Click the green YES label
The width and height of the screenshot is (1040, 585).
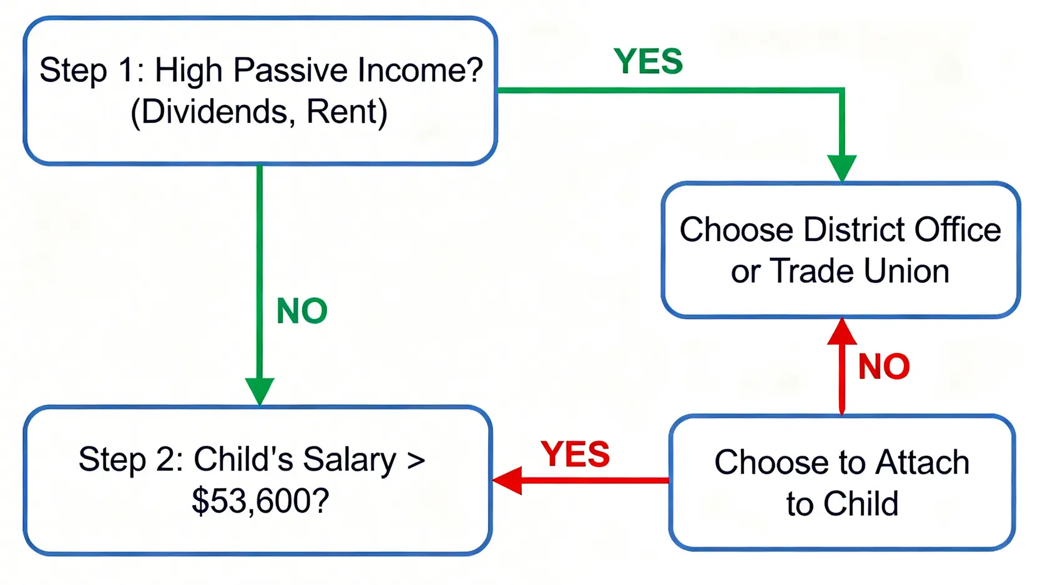648,61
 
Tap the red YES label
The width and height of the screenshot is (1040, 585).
576,454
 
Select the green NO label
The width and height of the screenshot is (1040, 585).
302,311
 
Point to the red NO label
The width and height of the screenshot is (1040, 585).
883,366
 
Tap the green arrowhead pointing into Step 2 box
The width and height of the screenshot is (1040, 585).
260,391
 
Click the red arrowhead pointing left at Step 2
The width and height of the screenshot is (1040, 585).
507,481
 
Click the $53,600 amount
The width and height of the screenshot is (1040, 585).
260,501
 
